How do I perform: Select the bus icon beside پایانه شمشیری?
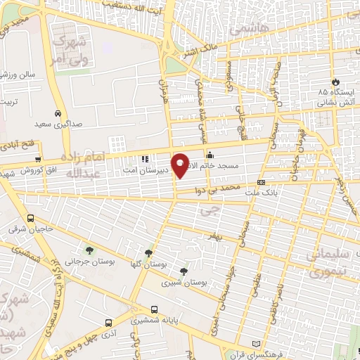pyautogui.click(x=154, y=309)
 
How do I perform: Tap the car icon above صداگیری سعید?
pyautogui.click(x=57, y=112)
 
